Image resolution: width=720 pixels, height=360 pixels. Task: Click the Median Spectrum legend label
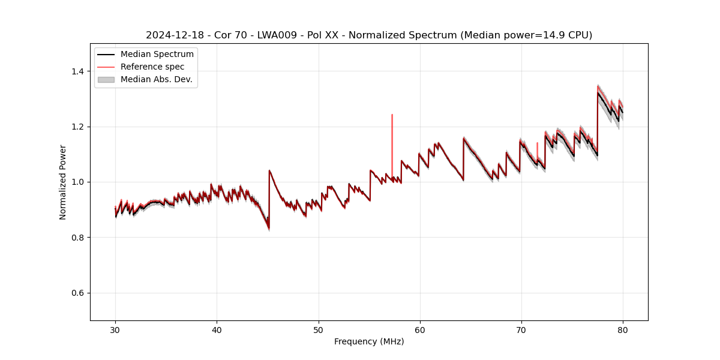(157, 55)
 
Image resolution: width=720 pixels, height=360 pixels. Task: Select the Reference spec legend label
(152, 67)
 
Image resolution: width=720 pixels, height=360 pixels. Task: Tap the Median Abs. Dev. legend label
(156, 79)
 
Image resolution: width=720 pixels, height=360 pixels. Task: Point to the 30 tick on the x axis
(115, 329)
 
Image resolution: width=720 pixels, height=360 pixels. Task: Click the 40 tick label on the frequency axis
(217, 329)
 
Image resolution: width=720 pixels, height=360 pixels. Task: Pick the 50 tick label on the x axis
(318, 329)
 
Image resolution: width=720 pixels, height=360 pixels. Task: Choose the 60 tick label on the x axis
(420, 329)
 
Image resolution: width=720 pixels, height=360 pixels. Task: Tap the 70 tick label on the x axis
(521, 329)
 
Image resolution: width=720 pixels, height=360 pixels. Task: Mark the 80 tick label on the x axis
(623, 329)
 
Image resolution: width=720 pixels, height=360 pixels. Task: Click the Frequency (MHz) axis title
(369, 341)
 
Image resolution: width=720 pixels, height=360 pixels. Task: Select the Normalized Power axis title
(63, 182)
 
